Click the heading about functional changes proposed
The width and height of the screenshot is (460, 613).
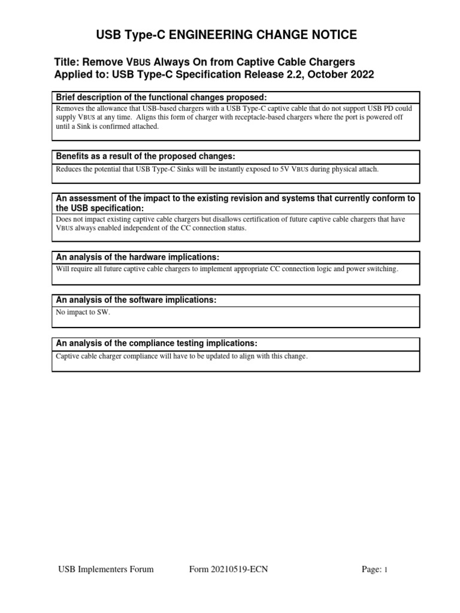click(161, 98)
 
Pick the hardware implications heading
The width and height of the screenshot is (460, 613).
click(137, 257)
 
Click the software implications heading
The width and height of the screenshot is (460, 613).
click(135, 299)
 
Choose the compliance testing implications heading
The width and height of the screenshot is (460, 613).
click(156, 343)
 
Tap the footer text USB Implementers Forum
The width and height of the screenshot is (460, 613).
click(105, 569)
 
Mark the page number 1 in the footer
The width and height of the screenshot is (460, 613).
click(386, 570)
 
